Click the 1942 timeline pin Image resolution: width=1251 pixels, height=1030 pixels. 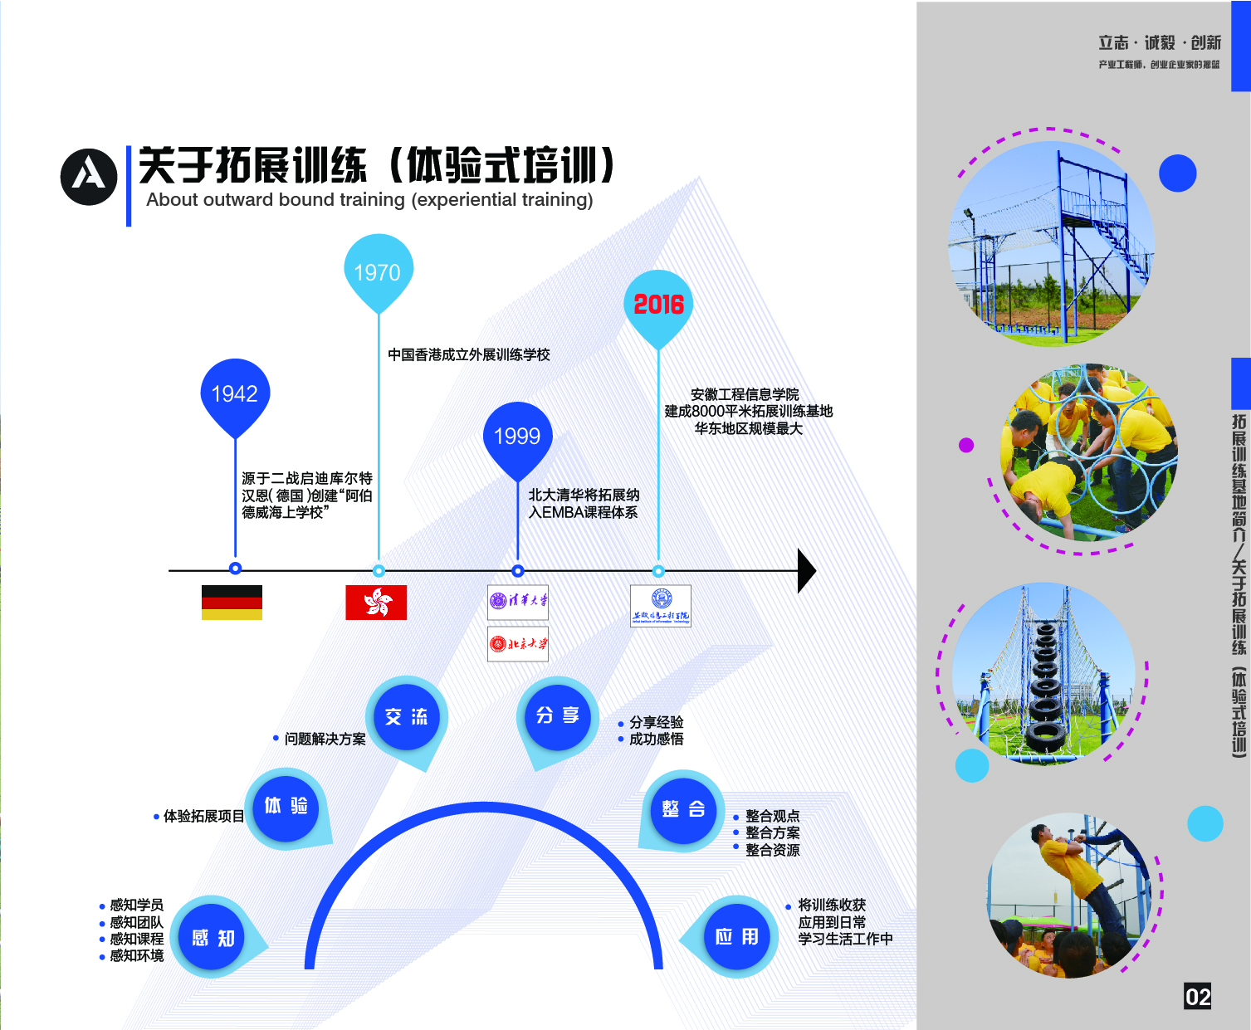235,393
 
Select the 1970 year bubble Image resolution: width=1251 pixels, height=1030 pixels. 378,271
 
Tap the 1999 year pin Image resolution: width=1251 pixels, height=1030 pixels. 517,436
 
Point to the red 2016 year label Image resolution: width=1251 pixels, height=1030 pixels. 658,305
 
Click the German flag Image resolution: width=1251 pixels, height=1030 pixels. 232,603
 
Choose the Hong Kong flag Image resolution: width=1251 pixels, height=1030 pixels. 376,603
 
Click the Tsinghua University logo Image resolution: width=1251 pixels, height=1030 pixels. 518,601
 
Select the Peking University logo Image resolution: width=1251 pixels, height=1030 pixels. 518,643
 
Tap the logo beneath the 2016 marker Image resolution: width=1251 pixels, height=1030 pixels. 661,606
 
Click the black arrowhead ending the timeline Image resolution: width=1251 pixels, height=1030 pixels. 806,570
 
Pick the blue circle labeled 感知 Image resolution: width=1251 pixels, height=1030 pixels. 213,938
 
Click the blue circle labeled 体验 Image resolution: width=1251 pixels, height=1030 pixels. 286,806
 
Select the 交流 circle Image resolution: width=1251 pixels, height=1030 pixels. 406,716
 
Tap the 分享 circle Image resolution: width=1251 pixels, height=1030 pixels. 557,715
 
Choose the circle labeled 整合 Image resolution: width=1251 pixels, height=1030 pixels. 683,809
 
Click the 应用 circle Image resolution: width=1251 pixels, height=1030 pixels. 736,937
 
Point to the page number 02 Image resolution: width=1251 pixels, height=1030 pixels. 1197,997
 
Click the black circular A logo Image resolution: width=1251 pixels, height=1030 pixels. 89,177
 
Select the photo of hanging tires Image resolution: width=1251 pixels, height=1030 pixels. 1043,673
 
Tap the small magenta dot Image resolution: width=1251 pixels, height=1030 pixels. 966,446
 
